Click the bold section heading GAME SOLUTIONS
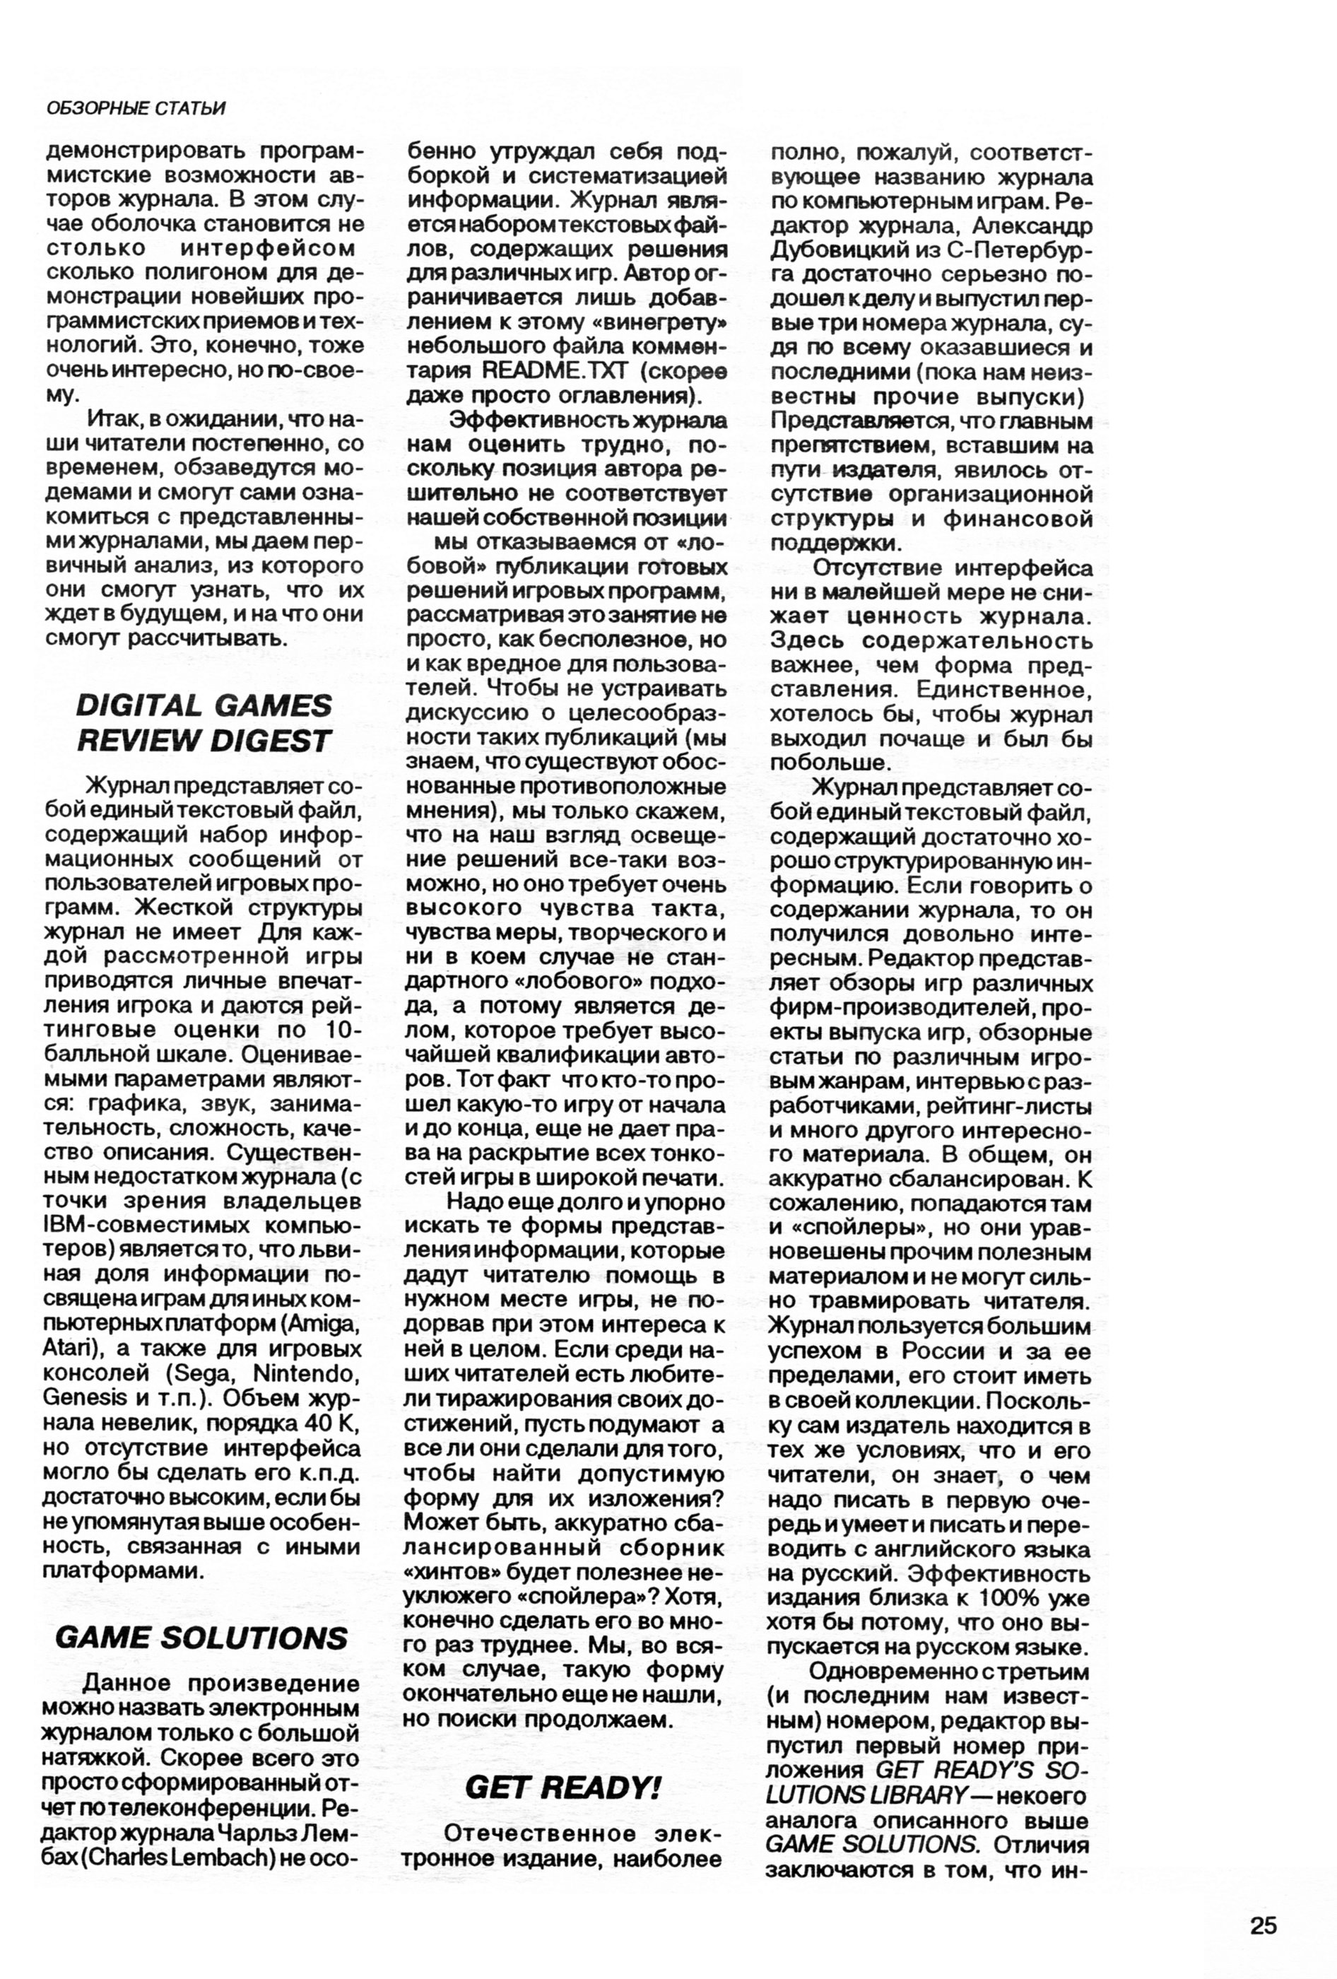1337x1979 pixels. [x=202, y=1638]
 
